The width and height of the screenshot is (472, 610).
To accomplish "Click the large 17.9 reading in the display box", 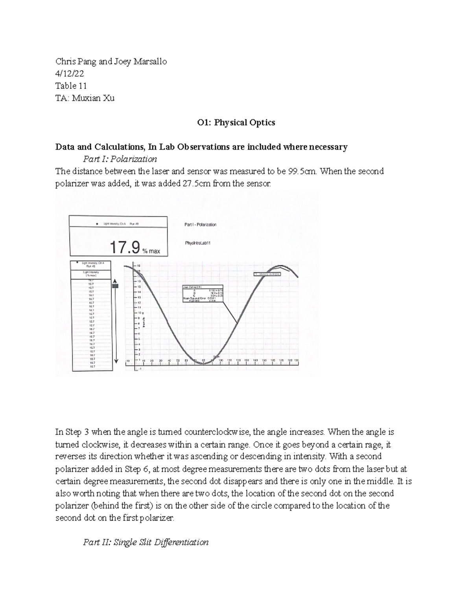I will (124, 247).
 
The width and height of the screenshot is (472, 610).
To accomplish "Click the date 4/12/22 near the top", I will (70, 73).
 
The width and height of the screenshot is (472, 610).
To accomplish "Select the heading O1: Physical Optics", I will (236, 123).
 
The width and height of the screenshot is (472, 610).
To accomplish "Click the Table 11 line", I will (71, 86).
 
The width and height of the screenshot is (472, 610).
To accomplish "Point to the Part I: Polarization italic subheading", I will (120, 159).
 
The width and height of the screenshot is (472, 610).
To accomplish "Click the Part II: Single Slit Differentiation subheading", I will (146, 542).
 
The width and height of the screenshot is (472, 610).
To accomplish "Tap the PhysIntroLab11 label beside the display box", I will (198, 243).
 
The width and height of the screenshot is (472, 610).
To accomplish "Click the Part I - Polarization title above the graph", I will (200, 225).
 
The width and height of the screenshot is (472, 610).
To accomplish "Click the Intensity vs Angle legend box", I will (267, 274).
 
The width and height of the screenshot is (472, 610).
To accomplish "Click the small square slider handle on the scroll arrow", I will (115, 287).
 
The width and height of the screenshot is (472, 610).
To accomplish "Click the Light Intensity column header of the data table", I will (91, 273).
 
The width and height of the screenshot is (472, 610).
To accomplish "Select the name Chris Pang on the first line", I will (74, 61).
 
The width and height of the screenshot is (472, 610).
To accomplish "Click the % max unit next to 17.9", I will (151, 251).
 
